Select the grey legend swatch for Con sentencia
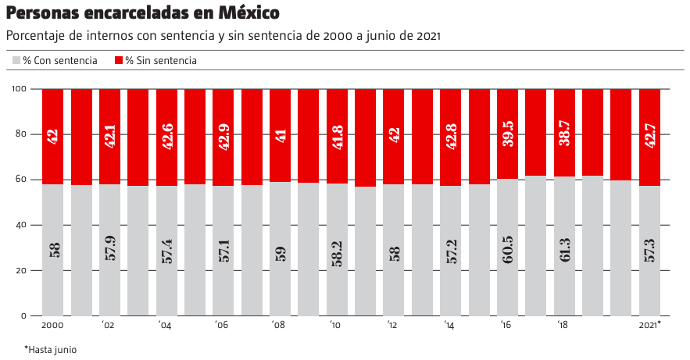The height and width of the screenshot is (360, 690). tap(16, 61)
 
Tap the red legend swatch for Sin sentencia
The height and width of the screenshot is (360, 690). tap(119, 61)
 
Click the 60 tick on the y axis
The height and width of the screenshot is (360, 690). tap(22, 180)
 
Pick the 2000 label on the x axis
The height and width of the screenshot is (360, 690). tap(52, 325)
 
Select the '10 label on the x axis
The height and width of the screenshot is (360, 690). tap(335, 325)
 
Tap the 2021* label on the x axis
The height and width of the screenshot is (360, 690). tap(650, 325)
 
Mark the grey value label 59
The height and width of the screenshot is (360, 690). tap(281, 251)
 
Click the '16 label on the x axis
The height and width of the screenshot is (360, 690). tap(506, 325)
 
